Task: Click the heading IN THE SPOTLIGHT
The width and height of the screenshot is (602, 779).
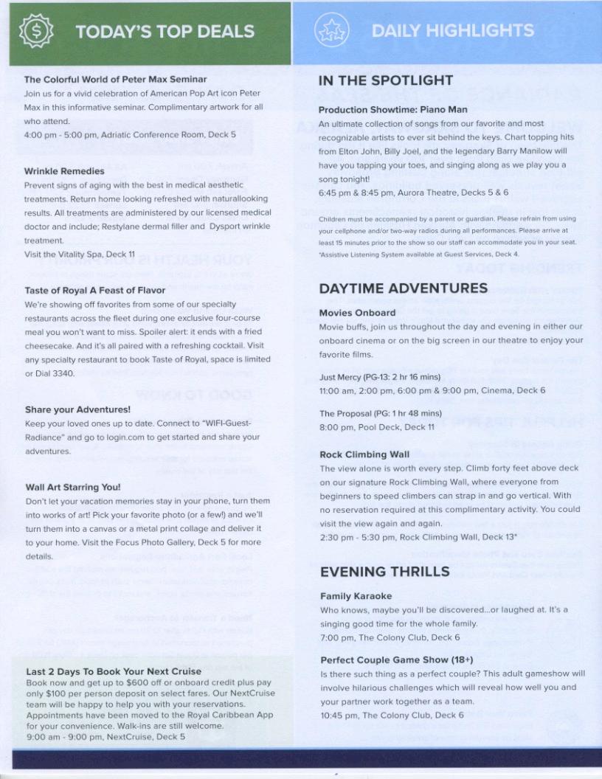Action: (x=385, y=81)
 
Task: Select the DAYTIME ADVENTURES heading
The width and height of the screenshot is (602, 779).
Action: (x=403, y=288)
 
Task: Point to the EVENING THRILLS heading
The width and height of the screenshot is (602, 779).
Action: (x=384, y=572)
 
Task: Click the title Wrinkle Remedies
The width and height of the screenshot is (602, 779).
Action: (x=64, y=171)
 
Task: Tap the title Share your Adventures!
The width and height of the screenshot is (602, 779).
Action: (x=77, y=409)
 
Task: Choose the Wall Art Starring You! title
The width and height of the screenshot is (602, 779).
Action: (x=72, y=488)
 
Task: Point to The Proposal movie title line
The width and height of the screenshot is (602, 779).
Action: (x=380, y=414)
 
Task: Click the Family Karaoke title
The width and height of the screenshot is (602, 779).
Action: (x=356, y=596)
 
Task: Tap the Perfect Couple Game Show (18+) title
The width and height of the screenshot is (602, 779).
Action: (x=396, y=659)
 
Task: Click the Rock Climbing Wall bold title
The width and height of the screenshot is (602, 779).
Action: (x=364, y=454)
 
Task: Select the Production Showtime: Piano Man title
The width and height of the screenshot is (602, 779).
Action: (x=392, y=110)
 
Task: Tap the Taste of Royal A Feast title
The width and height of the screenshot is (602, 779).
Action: (x=94, y=291)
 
